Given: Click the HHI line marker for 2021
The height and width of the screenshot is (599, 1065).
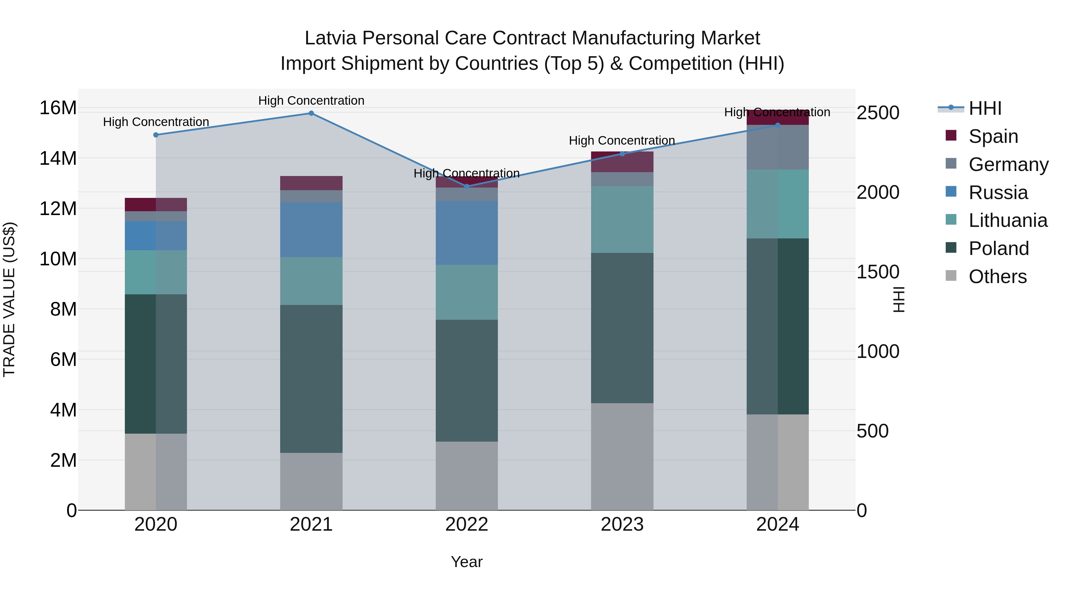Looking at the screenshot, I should pos(311,113).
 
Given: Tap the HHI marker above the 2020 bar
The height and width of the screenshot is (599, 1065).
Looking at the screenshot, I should pos(156,135).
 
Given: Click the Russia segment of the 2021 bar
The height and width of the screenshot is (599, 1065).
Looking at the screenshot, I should pos(311,230).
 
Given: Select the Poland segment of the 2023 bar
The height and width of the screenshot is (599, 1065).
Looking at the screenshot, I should pos(622,328).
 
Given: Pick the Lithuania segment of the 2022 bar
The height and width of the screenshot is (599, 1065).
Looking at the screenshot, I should pos(467,292).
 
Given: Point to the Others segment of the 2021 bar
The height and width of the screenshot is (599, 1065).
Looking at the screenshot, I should pos(311,481).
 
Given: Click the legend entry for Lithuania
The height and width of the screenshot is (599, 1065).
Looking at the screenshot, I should pos(1008,220).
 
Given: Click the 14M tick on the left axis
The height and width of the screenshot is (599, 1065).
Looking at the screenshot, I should pos(58,158).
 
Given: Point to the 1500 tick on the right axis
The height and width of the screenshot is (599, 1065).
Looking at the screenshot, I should pos(878,272).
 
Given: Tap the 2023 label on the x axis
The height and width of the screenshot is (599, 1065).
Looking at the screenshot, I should pos(622,524).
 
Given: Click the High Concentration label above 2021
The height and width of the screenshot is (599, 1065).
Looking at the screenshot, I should pos(311,101).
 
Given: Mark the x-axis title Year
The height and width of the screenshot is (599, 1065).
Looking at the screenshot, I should pos(467,562).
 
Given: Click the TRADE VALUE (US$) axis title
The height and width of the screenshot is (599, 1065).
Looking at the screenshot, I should pos(9,299).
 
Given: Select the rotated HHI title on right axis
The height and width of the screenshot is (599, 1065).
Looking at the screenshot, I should pos(899,299).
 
